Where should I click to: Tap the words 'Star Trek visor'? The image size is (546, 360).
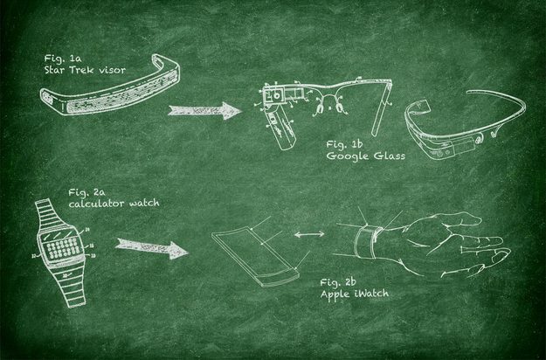[85, 70]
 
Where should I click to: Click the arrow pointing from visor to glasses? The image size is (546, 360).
[204, 111]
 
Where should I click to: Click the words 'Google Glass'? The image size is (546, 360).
[366, 156]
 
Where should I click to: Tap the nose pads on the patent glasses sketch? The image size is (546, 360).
[328, 107]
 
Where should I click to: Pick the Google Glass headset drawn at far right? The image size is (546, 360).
[465, 125]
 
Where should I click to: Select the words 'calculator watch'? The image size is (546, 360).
[114, 203]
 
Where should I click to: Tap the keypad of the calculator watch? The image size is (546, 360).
[64, 248]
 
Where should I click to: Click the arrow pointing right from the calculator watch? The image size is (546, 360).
[151, 247]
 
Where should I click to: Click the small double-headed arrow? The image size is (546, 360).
[309, 234]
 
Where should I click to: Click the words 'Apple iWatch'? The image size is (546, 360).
[355, 294]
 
